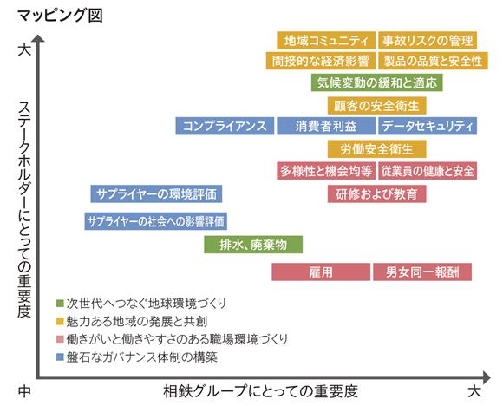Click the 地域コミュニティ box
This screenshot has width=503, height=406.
(x=326, y=41)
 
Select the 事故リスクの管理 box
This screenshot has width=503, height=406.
(x=428, y=41)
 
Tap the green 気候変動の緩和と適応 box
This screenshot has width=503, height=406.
(x=377, y=82)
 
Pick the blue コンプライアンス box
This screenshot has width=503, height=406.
(x=225, y=126)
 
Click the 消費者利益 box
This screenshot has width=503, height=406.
(x=326, y=126)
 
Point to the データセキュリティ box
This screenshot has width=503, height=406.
(x=428, y=126)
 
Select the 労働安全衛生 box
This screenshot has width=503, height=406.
(x=377, y=149)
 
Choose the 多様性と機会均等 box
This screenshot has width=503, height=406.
(x=326, y=171)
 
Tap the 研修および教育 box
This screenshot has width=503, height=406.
(x=377, y=193)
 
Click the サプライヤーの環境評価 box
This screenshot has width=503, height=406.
(x=156, y=193)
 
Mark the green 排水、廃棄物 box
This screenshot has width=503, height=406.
(x=253, y=245)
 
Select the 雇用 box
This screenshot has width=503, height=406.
(x=321, y=272)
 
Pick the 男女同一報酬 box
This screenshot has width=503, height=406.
(x=422, y=272)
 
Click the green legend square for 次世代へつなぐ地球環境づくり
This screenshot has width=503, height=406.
(x=60, y=304)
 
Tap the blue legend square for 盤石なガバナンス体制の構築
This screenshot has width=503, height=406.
(x=60, y=357)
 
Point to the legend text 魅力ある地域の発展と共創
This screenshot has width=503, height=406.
(x=137, y=321)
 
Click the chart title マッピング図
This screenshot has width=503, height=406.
(x=60, y=16)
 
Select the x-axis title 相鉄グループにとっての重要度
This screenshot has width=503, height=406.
(x=261, y=391)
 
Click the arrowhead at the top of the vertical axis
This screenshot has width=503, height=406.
(x=38, y=38)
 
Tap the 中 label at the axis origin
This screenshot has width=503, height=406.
(x=24, y=391)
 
